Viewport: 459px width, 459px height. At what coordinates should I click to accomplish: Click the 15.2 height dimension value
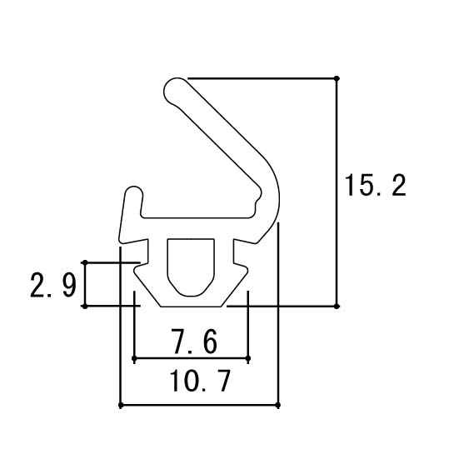(x=376, y=185)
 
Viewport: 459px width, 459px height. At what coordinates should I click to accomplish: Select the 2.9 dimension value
(x=53, y=285)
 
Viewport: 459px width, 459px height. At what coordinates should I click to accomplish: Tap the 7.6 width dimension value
(x=194, y=342)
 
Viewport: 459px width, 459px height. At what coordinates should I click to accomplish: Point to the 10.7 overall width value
(x=200, y=380)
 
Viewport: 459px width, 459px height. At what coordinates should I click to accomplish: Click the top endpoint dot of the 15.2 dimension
(x=337, y=78)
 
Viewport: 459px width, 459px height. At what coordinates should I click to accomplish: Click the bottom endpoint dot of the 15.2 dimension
(x=337, y=307)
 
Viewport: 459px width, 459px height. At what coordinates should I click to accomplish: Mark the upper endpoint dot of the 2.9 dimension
(x=85, y=262)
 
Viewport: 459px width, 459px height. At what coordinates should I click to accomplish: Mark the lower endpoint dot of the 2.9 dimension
(x=85, y=307)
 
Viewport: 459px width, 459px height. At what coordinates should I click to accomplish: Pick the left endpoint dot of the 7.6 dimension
(x=134, y=358)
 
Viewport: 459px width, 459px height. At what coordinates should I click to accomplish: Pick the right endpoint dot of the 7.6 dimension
(x=248, y=358)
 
